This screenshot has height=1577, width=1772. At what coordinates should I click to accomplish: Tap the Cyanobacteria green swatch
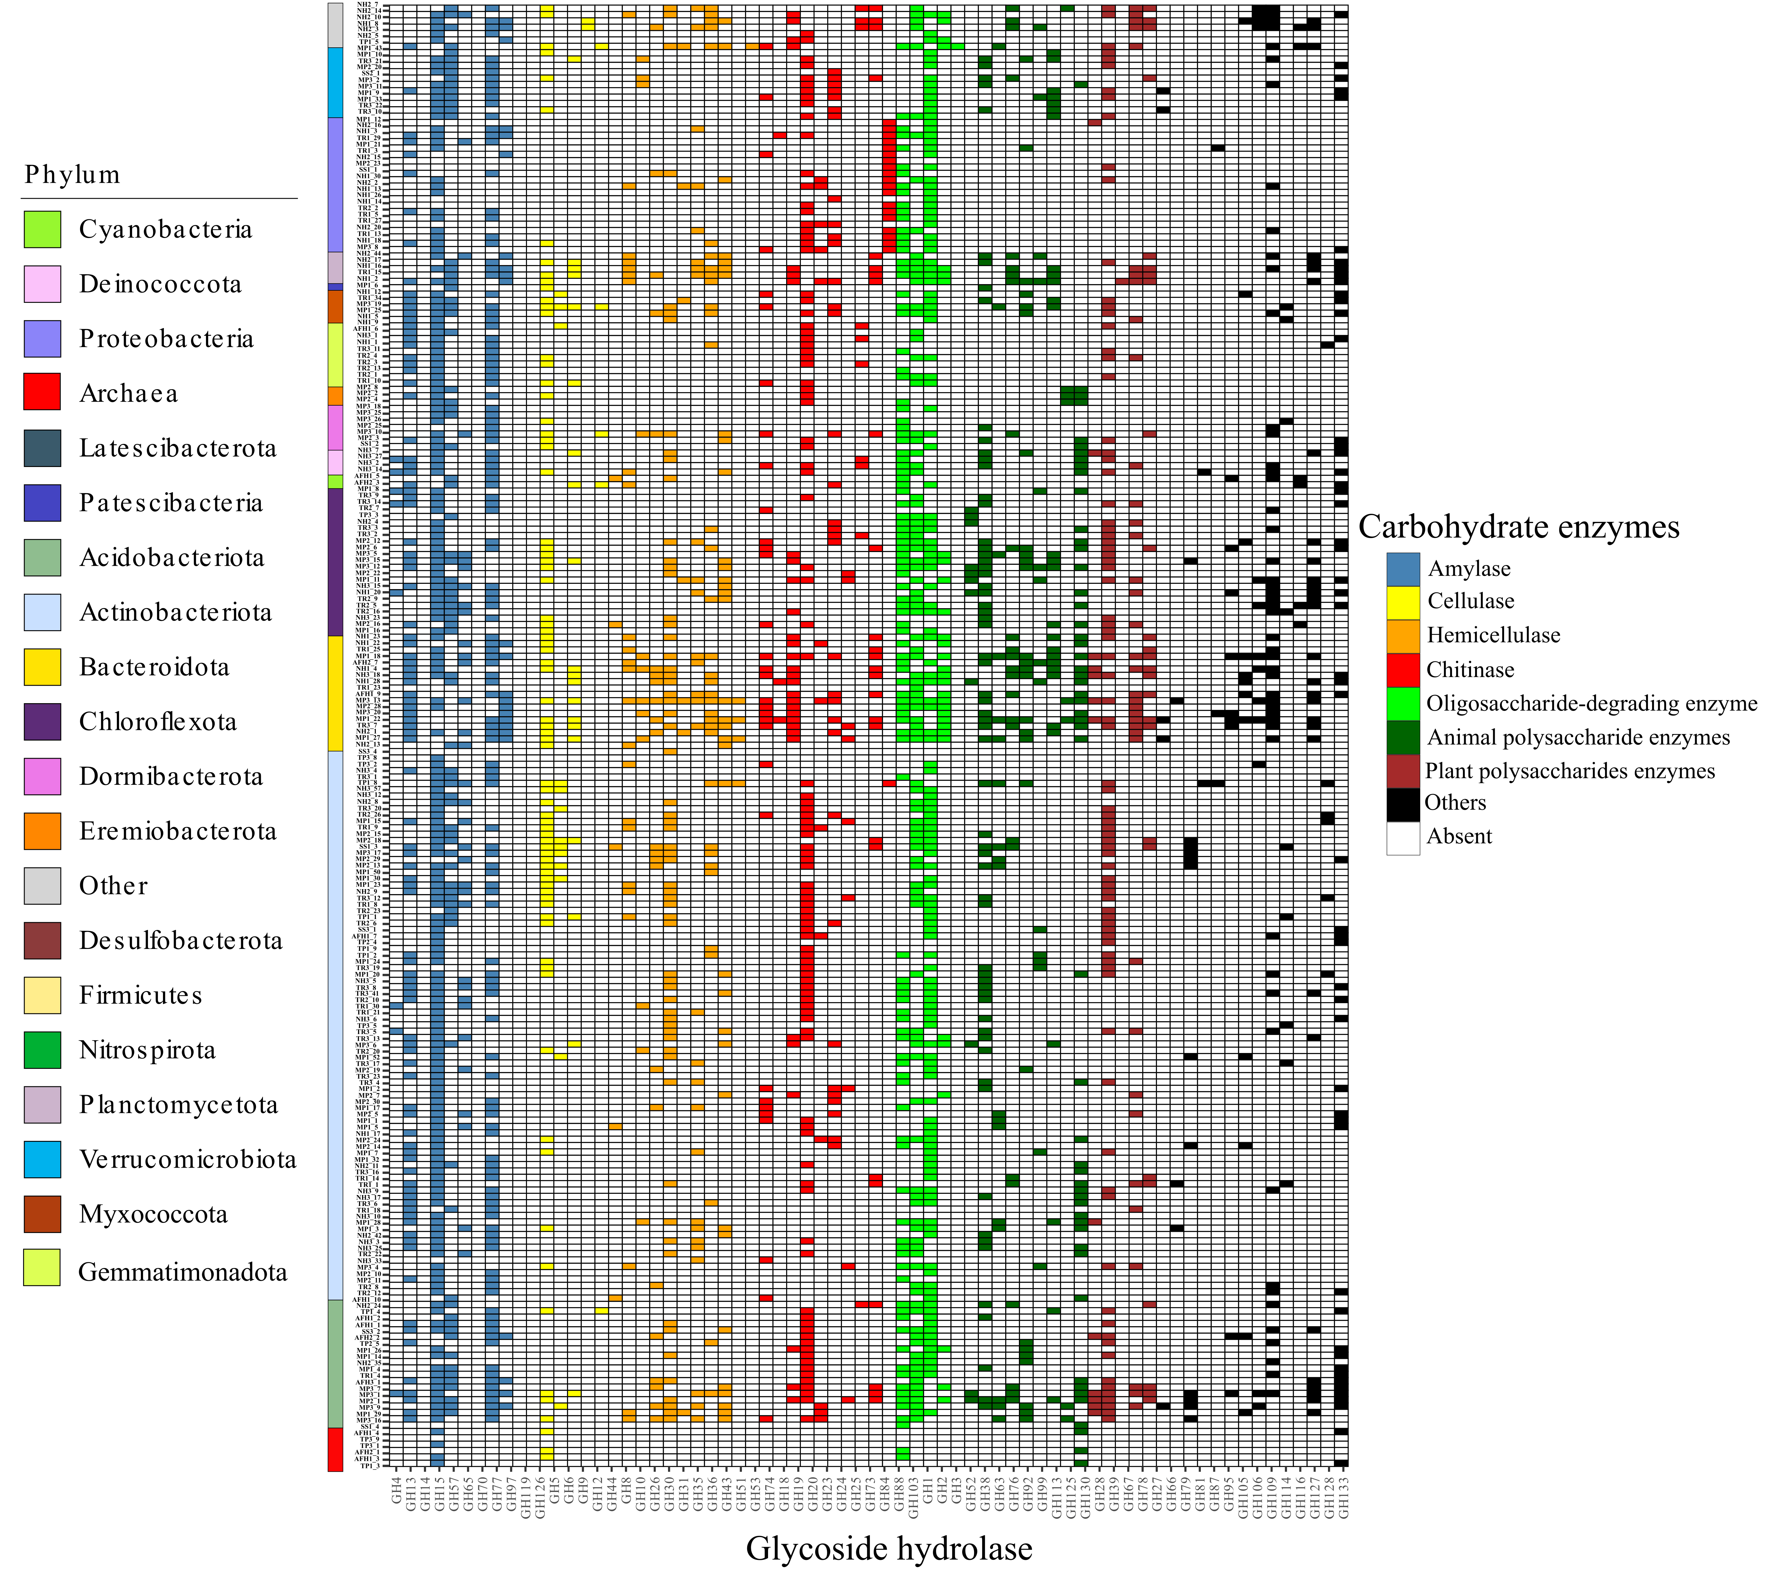pyautogui.click(x=42, y=230)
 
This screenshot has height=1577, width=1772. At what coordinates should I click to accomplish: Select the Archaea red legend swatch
pyautogui.click(x=42, y=392)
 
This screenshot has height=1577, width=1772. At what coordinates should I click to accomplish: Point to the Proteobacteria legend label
pyautogui.click(x=166, y=339)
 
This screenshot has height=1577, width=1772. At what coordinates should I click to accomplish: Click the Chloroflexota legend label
pyautogui.click(x=158, y=722)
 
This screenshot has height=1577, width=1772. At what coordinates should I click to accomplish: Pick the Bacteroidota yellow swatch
pyautogui.click(x=42, y=667)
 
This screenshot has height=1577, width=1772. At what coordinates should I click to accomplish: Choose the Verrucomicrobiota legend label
pyautogui.click(x=187, y=1160)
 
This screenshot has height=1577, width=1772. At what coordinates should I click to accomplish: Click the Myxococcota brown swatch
pyautogui.click(x=42, y=1214)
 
